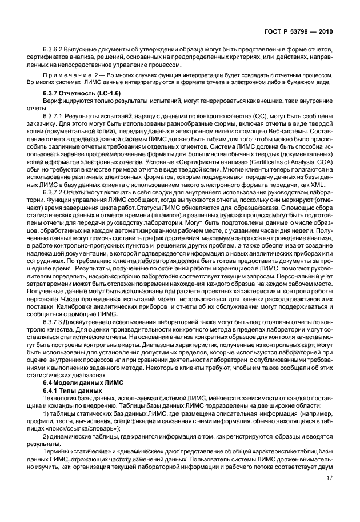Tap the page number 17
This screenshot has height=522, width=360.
click(x=329, y=487)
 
